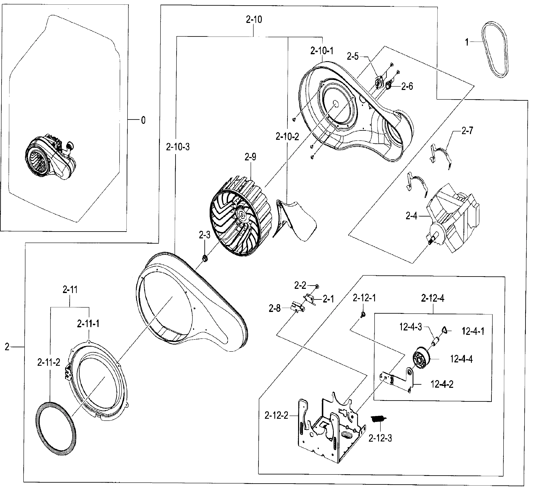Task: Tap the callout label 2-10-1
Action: click(322, 51)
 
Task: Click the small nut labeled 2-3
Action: click(205, 258)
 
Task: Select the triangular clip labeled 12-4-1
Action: click(445, 330)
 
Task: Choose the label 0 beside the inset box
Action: click(143, 120)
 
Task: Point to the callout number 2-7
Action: click(467, 131)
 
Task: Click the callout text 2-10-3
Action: click(178, 147)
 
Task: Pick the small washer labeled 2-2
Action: click(317, 286)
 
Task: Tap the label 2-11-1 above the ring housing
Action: click(88, 324)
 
